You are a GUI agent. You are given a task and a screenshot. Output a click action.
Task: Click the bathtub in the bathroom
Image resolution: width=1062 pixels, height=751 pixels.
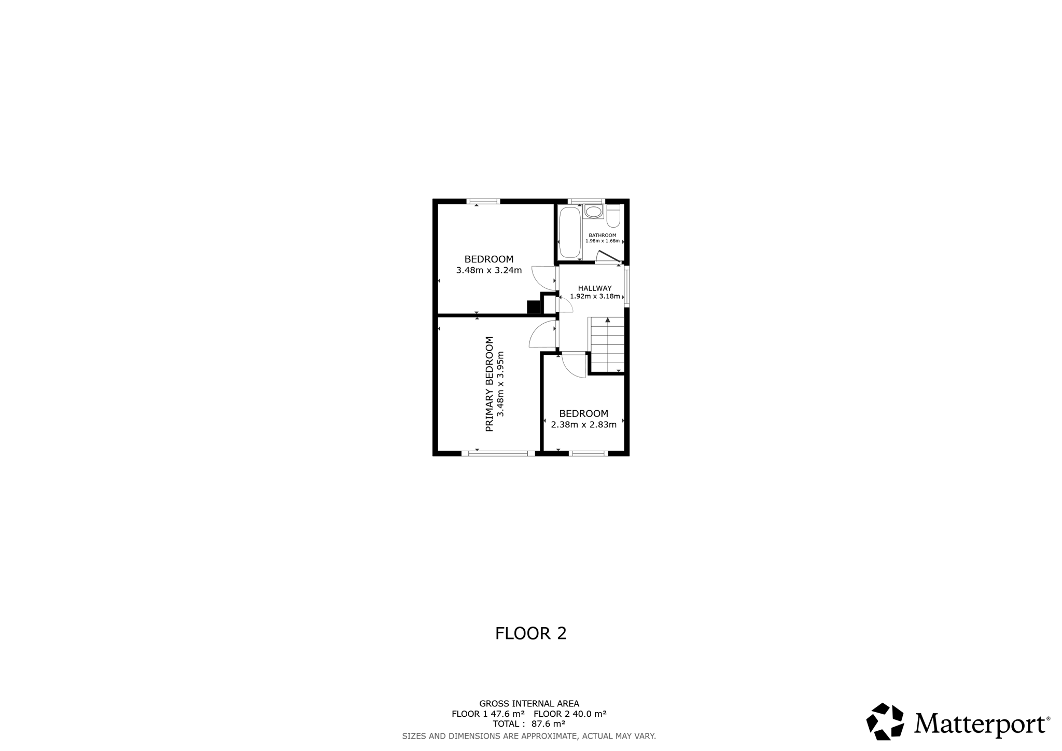(570, 233)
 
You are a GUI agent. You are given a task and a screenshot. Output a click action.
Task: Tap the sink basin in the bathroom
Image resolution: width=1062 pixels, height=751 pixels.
(593, 212)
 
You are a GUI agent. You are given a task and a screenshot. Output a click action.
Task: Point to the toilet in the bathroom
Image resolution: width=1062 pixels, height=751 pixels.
(613, 216)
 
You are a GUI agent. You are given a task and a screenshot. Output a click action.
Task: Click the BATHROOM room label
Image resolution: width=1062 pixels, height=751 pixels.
(603, 235)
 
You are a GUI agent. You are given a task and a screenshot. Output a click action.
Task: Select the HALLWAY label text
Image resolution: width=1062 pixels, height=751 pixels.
(595, 288)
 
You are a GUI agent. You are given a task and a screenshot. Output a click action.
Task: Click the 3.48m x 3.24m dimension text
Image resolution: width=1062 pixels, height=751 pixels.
(489, 270)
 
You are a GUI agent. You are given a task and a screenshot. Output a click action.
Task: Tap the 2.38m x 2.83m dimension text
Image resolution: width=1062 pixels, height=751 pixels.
(584, 425)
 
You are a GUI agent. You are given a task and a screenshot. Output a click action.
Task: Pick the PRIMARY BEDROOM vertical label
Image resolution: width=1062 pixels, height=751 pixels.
(490, 384)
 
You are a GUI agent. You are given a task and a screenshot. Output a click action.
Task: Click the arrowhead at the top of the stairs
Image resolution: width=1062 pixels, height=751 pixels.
(608, 320)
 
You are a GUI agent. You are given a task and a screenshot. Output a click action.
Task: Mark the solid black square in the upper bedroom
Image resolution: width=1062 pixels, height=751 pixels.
(534, 308)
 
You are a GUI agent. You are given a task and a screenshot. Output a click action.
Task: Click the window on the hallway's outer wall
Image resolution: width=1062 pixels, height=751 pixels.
(626, 285)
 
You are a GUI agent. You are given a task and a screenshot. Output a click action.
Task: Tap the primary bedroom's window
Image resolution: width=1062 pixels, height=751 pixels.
(498, 453)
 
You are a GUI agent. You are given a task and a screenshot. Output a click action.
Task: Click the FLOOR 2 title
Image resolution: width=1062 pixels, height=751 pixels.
(531, 634)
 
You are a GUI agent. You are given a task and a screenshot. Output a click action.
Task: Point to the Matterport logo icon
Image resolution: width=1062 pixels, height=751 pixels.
(885, 721)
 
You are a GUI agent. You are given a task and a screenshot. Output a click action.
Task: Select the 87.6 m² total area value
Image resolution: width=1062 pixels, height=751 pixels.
(548, 724)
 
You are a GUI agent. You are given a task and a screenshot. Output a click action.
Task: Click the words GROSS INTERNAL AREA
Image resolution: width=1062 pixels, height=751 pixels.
(529, 704)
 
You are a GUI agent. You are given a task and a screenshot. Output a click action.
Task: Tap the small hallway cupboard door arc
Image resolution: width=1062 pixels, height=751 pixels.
(565, 305)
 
